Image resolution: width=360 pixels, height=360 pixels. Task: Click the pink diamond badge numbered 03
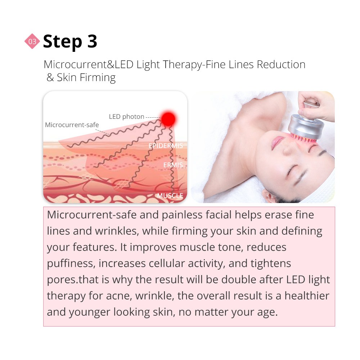(32, 41)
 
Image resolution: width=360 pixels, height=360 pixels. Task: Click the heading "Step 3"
(70, 41)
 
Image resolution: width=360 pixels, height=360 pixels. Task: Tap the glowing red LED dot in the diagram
(168, 119)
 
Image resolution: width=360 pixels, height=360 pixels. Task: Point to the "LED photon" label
(126, 117)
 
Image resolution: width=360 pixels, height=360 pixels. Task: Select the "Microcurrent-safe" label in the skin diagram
(72, 125)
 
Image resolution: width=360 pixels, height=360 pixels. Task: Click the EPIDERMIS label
(166, 145)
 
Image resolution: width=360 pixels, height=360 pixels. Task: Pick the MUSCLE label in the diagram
(170, 195)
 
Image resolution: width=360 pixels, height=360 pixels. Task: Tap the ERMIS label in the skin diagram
(173, 165)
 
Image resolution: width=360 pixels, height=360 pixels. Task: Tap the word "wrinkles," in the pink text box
(117, 231)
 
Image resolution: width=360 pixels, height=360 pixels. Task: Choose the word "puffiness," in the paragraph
(71, 264)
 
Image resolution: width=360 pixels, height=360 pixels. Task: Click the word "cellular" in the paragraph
(167, 263)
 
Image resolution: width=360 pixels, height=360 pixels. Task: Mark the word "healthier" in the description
(307, 296)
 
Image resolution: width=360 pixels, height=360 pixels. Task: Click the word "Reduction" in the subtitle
(281, 64)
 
